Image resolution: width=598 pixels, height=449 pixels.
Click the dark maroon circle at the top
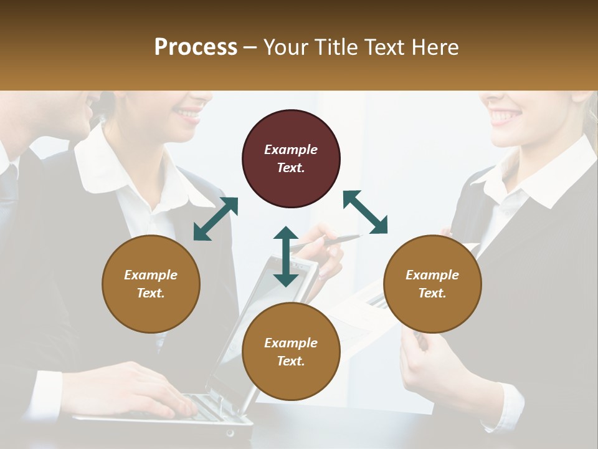(291, 158)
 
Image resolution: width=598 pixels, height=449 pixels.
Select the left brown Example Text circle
(151, 284)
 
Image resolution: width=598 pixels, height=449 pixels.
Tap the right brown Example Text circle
(432, 284)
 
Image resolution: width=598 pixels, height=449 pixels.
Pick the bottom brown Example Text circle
(291, 352)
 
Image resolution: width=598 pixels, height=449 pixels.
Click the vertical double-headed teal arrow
(286, 256)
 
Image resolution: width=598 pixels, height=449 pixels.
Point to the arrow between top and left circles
(216, 218)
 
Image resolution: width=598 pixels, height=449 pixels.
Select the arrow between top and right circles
(365, 212)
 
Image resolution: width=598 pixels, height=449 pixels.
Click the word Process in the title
(196, 47)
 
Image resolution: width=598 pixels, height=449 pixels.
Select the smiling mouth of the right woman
(505, 115)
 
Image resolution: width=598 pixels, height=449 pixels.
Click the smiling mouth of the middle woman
(187, 114)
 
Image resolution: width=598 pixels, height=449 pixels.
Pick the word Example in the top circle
(291, 150)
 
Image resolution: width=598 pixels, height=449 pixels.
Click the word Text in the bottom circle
(291, 361)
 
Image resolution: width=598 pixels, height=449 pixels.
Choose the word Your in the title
(287, 47)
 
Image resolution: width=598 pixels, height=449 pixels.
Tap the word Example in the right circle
(432, 275)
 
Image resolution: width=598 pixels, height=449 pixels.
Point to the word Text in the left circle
(151, 293)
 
